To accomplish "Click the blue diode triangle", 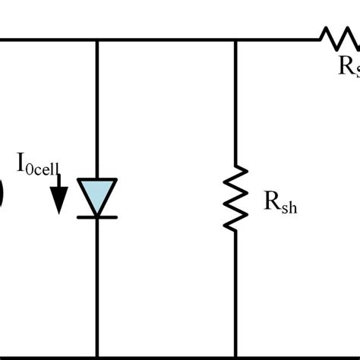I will (x=97, y=195).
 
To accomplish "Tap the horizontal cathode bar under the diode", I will (x=97, y=216).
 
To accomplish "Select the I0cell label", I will (x=37, y=164).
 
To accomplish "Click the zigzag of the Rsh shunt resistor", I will (x=235, y=199).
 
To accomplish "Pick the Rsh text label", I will (x=279, y=202).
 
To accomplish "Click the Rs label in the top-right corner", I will (x=348, y=65).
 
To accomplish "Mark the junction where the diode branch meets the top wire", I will (x=97, y=39).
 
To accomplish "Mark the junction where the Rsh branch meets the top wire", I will (x=235, y=39).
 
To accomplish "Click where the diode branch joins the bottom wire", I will (x=97, y=355).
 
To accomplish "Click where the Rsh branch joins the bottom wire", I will (x=235, y=355).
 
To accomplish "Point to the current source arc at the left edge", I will (x=2, y=194).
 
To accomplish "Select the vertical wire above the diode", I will (x=97, y=106).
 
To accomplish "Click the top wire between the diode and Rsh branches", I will (x=167, y=39).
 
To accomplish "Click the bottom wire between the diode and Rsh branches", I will (x=167, y=355).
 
